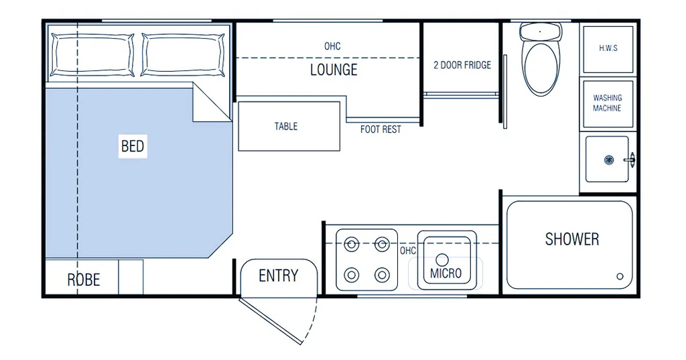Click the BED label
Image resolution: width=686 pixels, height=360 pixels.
pos(133,146)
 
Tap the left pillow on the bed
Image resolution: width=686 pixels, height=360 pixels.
pos(92,55)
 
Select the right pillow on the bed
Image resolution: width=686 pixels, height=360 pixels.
pos(184,55)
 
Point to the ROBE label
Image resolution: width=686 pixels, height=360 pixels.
pos(84,280)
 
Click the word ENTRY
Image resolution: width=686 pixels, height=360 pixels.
pos(278,276)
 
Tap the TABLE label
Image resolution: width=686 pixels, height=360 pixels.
pos(286,127)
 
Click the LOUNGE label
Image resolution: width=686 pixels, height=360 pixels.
pos(334,70)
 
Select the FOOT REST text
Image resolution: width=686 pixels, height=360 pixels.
pos(381,129)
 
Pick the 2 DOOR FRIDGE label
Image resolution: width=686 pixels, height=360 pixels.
pos(462,65)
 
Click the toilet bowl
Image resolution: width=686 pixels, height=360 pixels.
pos(541,69)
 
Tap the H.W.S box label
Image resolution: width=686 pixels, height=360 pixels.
pos(608,48)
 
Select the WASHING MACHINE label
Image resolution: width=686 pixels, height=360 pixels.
pos(607,103)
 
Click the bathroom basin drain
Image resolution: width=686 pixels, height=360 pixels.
pos(608,160)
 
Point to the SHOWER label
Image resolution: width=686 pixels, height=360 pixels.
pos(572,239)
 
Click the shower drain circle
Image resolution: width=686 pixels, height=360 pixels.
pos(620,276)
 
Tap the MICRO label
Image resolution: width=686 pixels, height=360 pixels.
pos(445,274)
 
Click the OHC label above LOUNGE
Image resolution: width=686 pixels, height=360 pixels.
pos(332,46)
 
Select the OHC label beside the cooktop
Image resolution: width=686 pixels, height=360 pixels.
pos(408,251)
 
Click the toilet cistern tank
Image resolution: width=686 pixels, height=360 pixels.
pos(541,32)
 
